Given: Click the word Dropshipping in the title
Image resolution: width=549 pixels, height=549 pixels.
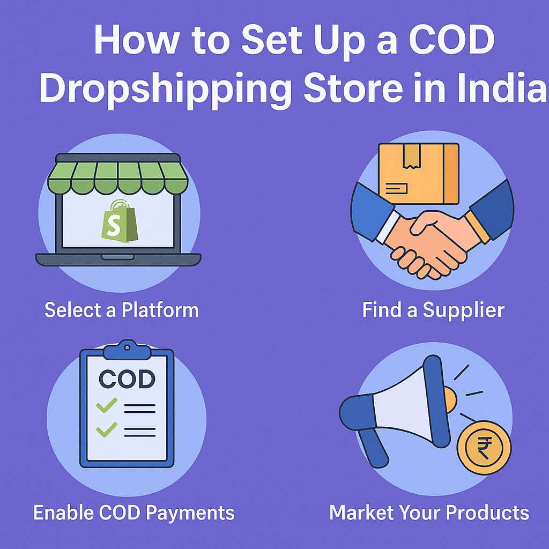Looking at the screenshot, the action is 165,90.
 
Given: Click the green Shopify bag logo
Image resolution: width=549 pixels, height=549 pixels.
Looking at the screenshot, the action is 120,221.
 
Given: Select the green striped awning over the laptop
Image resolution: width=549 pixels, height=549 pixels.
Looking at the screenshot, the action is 117,174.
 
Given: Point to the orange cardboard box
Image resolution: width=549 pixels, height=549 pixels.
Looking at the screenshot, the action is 419,173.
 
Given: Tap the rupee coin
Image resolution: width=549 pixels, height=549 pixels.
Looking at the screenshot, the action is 484,448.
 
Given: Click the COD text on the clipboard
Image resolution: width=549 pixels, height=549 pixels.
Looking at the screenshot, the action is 127,379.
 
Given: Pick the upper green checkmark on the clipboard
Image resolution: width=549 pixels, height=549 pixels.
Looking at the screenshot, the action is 107,405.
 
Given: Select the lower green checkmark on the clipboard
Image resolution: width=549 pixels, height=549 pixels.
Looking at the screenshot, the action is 107,429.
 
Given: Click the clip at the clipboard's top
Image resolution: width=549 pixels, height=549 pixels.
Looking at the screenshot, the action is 127,350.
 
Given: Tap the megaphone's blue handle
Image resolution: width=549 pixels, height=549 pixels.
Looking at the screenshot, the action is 373,448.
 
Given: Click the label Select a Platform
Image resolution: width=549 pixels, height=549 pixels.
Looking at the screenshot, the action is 122,310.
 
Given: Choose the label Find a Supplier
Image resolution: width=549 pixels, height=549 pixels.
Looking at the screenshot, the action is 433,310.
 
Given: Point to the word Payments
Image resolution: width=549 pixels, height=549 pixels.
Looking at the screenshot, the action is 190,513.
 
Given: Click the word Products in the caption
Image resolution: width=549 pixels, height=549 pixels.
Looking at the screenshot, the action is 487,513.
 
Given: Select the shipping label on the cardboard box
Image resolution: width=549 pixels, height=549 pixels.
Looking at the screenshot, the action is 396,188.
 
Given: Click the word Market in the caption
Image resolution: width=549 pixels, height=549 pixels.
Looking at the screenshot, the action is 361,513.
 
